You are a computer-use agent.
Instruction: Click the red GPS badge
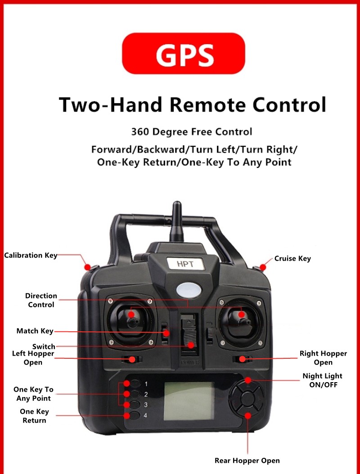pos(184,54)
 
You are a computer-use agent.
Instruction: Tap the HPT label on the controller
pos(185,264)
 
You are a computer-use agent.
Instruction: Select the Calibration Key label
pos(31,255)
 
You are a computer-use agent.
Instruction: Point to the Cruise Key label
pos(292,258)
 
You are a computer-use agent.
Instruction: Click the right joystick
pos(241,320)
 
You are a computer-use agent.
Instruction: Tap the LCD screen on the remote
pos(189,401)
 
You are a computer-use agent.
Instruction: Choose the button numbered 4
pos(135,415)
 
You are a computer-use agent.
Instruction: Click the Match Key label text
pos(35,331)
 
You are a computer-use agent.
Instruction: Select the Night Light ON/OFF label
pos(323,380)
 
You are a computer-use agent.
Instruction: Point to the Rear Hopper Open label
pos(247,460)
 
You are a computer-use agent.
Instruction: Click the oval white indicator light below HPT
pos(189,290)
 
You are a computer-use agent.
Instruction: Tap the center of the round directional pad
pos(247,399)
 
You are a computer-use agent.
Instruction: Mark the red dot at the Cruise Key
pos(263,267)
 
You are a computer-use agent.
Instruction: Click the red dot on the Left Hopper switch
pos(131,359)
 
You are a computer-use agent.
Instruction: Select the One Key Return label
pos(34,416)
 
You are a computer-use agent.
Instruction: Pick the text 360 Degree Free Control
pos(191,132)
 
